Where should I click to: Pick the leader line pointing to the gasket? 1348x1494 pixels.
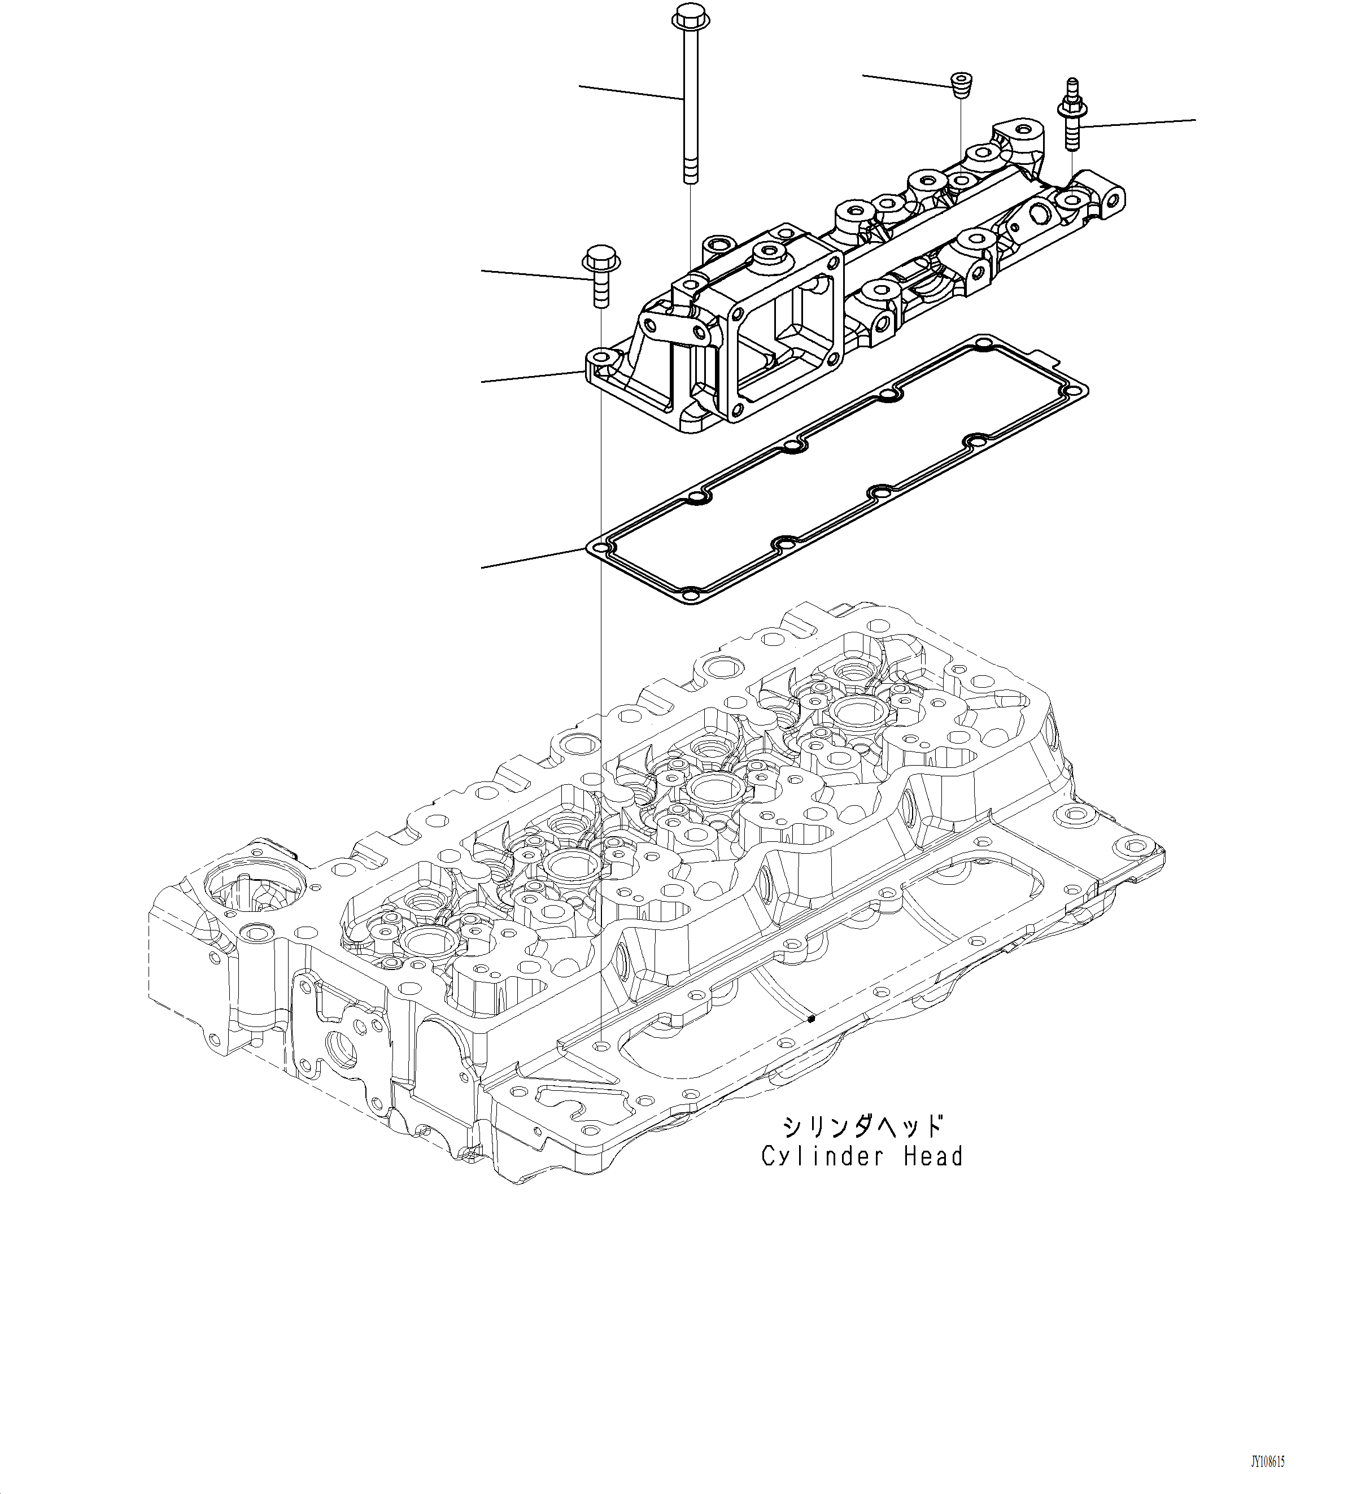pyautogui.click(x=533, y=559)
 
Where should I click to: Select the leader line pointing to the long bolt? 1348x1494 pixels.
pyautogui.click(x=630, y=93)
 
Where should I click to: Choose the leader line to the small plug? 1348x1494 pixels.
pyautogui.click(x=908, y=81)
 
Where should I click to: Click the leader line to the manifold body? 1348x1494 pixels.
pyautogui.click(x=533, y=376)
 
